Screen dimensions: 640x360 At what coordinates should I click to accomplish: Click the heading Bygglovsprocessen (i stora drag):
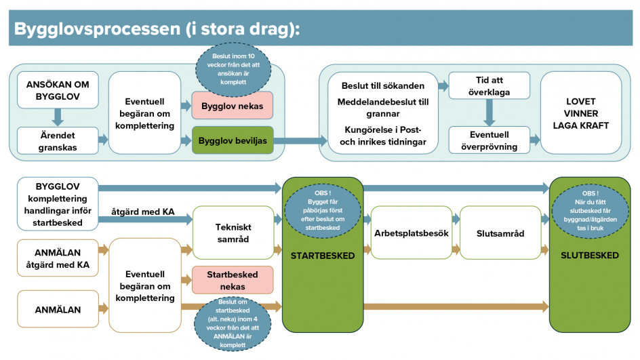click(x=157, y=29)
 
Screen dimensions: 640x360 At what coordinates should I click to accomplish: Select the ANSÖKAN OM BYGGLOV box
click(x=58, y=90)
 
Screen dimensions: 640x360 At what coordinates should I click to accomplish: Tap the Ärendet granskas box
click(x=58, y=141)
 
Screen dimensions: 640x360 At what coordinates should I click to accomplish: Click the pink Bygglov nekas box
click(x=233, y=106)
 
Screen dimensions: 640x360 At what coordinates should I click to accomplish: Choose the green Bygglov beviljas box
click(x=233, y=140)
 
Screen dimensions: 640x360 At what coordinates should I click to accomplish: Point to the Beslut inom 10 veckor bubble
click(x=233, y=69)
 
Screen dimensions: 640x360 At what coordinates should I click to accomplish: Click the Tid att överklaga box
click(x=489, y=85)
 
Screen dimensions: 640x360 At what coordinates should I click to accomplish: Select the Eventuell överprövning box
click(x=489, y=140)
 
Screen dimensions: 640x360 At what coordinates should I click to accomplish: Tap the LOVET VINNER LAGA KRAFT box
click(x=581, y=113)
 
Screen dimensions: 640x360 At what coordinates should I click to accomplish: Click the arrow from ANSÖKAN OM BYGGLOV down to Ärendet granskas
click(x=58, y=117)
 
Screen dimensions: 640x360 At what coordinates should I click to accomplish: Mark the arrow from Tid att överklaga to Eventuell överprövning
click(x=489, y=113)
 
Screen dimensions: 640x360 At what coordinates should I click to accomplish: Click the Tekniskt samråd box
click(x=233, y=233)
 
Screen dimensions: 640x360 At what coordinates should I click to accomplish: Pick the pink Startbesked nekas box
click(x=233, y=280)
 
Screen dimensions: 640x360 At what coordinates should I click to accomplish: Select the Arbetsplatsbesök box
click(x=412, y=233)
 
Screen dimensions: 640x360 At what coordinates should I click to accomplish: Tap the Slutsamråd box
click(x=500, y=233)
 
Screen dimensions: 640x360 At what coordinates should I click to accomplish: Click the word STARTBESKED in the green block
click(x=323, y=256)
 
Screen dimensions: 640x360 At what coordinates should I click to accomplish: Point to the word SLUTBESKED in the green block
click(x=590, y=256)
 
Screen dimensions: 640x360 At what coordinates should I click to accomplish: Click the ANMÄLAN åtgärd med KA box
click(x=58, y=258)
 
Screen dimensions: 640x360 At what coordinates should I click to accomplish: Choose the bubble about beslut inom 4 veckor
click(x=233, y=323)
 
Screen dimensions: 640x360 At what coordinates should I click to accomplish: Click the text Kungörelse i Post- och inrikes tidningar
click(x=383, y=136)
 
